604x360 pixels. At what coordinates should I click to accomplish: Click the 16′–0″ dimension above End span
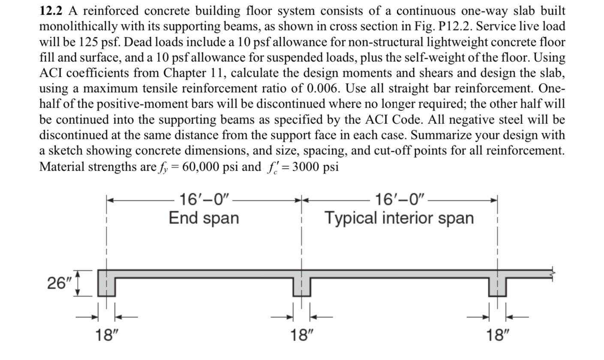click(204, 200)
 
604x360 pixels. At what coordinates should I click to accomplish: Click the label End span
click(204, 218)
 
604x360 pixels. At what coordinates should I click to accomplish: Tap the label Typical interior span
click(399, 218)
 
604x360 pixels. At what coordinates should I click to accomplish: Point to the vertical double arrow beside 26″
click(78, 283)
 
